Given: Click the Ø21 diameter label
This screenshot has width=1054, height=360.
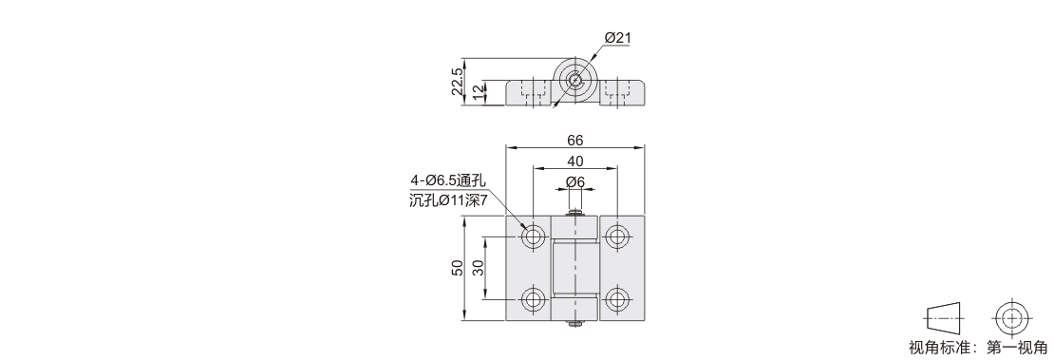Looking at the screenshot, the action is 618,38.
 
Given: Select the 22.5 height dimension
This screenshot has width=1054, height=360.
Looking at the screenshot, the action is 457,82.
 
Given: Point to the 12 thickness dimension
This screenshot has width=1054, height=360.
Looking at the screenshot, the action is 478,93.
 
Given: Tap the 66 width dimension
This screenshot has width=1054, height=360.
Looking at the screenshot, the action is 575,140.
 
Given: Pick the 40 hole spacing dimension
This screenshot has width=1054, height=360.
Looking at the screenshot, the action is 575,161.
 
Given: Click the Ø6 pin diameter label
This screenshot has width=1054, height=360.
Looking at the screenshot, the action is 575,181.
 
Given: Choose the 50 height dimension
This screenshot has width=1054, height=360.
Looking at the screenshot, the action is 457,268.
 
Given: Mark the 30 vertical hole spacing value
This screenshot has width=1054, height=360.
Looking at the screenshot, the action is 478,268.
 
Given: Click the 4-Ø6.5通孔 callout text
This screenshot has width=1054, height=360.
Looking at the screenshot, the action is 447,180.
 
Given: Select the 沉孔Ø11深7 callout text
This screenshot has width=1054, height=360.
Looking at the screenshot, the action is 447,200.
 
